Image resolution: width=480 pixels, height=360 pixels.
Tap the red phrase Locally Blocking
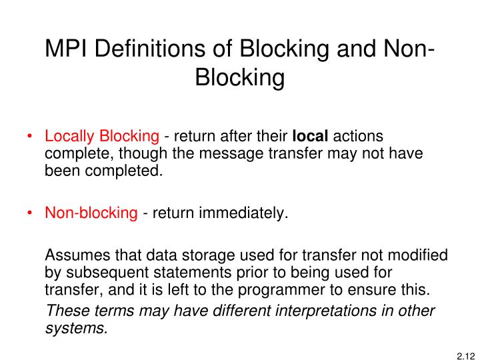pos(102,137)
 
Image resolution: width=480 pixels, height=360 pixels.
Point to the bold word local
pos(311,137)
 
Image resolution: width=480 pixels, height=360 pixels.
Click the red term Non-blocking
pos(91,213)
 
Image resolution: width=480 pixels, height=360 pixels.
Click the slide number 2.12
pos(464,348)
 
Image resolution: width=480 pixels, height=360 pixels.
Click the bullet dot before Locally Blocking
pos(31,137)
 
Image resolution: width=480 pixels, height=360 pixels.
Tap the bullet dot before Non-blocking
pos(31,213)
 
